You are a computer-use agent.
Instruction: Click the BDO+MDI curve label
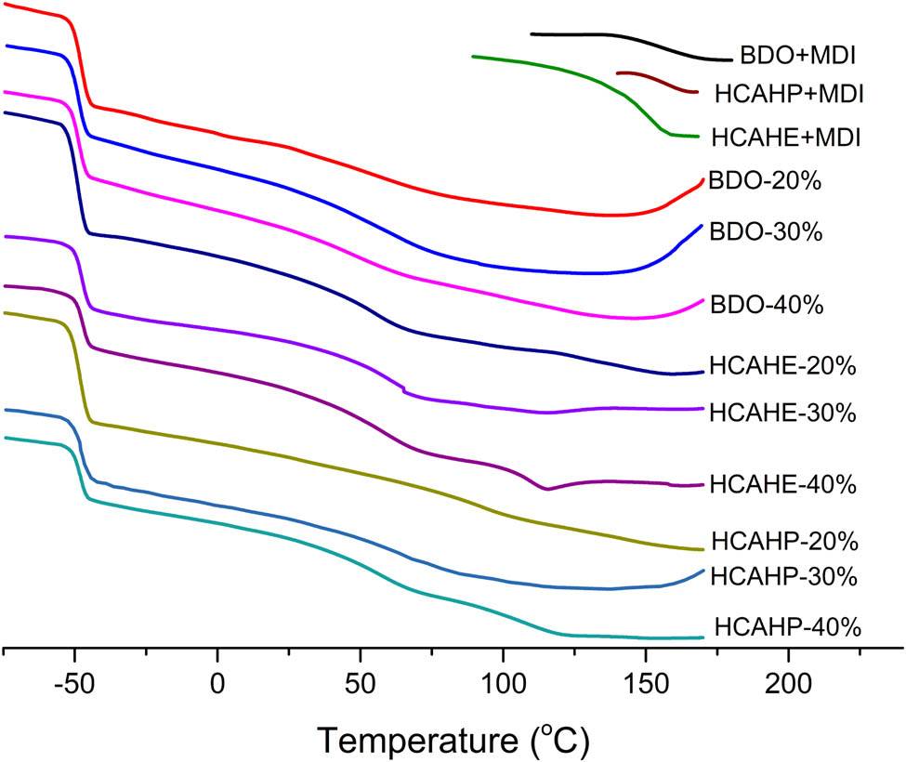tap(797, 57)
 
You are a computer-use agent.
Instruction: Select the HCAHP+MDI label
tap(789, 95)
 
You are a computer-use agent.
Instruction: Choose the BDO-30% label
tap(764, 231)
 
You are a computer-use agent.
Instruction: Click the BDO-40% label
tap(764, 305)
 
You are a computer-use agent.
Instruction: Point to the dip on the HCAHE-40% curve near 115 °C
tap(547, 488)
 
